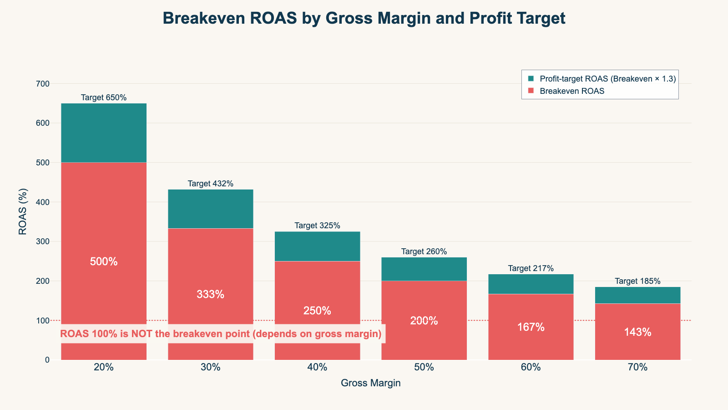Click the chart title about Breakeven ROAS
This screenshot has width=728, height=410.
tap(364, 18)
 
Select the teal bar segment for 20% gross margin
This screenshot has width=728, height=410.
tap(104, 133)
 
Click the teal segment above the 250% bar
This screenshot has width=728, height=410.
tap(317, 246)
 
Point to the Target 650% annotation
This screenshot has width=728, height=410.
tap(104, 97)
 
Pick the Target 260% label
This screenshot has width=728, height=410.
tap(424, 251)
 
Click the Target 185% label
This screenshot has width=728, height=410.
tap(637, 281)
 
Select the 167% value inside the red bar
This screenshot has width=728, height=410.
tap(531, 327)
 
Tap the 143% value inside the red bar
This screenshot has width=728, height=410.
tap(637, 333)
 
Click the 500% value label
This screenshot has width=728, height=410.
tap(104, 261)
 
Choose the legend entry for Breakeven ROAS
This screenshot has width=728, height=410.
tap(572, 91)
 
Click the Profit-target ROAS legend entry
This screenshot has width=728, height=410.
tap(607, 79)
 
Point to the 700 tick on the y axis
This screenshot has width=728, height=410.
tap(44, 84)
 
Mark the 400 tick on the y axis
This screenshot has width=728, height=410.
tap(44, 202)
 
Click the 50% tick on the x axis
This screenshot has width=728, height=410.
tap(424, 367)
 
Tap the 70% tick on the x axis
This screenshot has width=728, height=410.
tap(637, 367)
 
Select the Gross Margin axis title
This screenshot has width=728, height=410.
tap(370, 383)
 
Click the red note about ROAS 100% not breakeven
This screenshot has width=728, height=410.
tap(221, 334)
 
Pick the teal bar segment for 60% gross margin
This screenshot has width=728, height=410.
tap(531, 284)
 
